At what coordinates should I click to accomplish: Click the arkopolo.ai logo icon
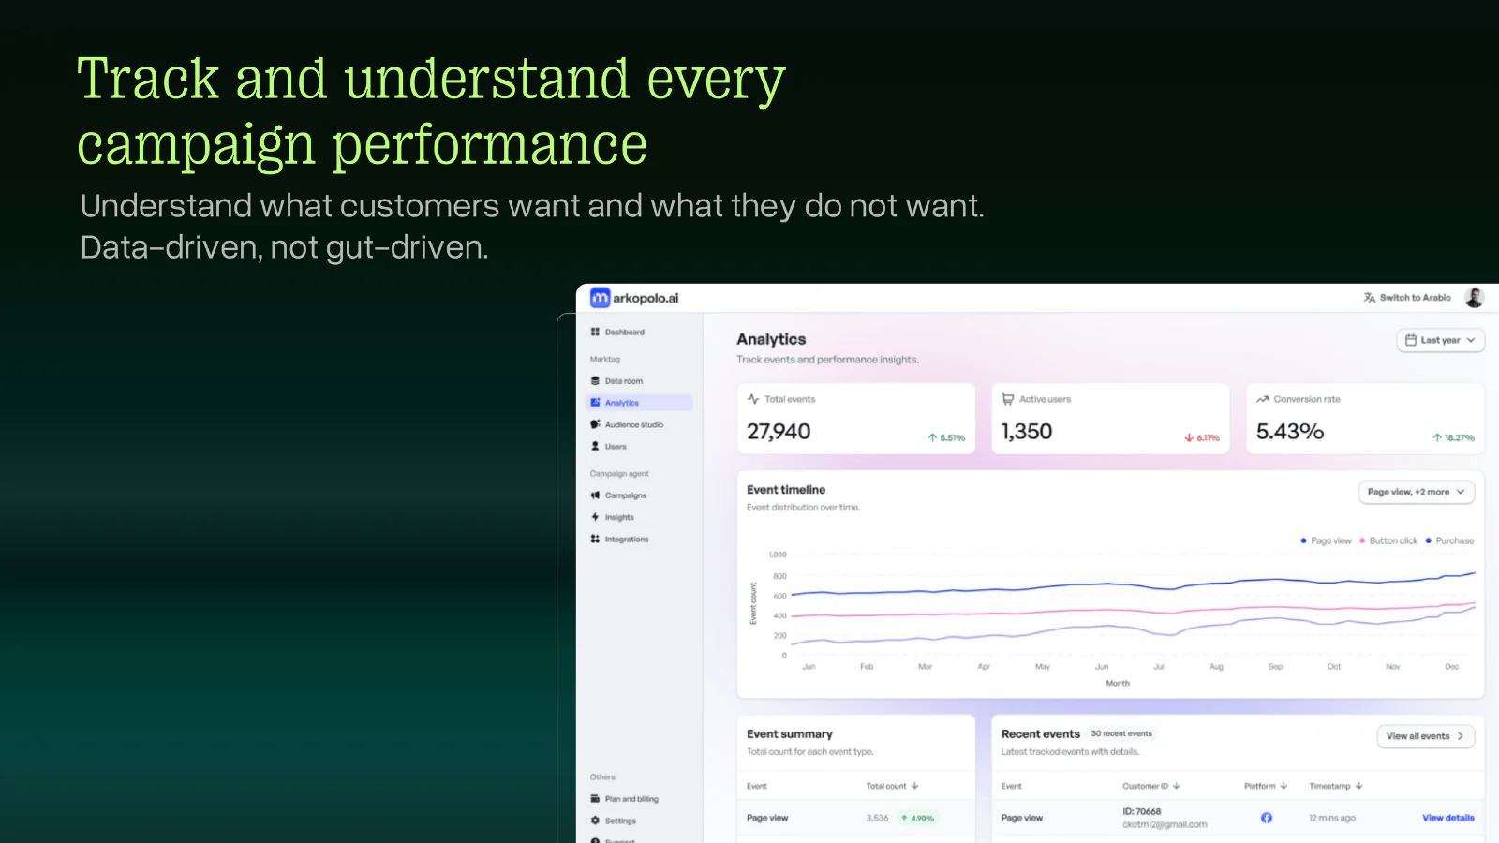tap(601, 298)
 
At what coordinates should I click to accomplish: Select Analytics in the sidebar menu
tap(621, 403)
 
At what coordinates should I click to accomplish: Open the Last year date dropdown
tap(1440, 340)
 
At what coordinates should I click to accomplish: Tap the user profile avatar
tap(1474, 298)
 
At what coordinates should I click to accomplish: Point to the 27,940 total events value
tap(779, 432)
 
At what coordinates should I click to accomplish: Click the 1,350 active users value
tap(1027, 432)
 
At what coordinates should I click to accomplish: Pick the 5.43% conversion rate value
tap(1289, 432)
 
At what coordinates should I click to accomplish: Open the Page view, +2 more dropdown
tap(1416, 492)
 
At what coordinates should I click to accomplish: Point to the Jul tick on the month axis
tap(1159, 667)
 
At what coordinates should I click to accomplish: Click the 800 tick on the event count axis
tap(779, 576)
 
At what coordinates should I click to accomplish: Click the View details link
tap(1447, 818)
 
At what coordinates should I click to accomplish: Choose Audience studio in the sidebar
tap(633, 425)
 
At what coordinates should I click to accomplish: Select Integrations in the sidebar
tap(626, 540)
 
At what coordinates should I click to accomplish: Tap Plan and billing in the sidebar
tap(631, 799)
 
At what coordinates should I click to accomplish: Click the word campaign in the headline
tap(196, 146)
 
